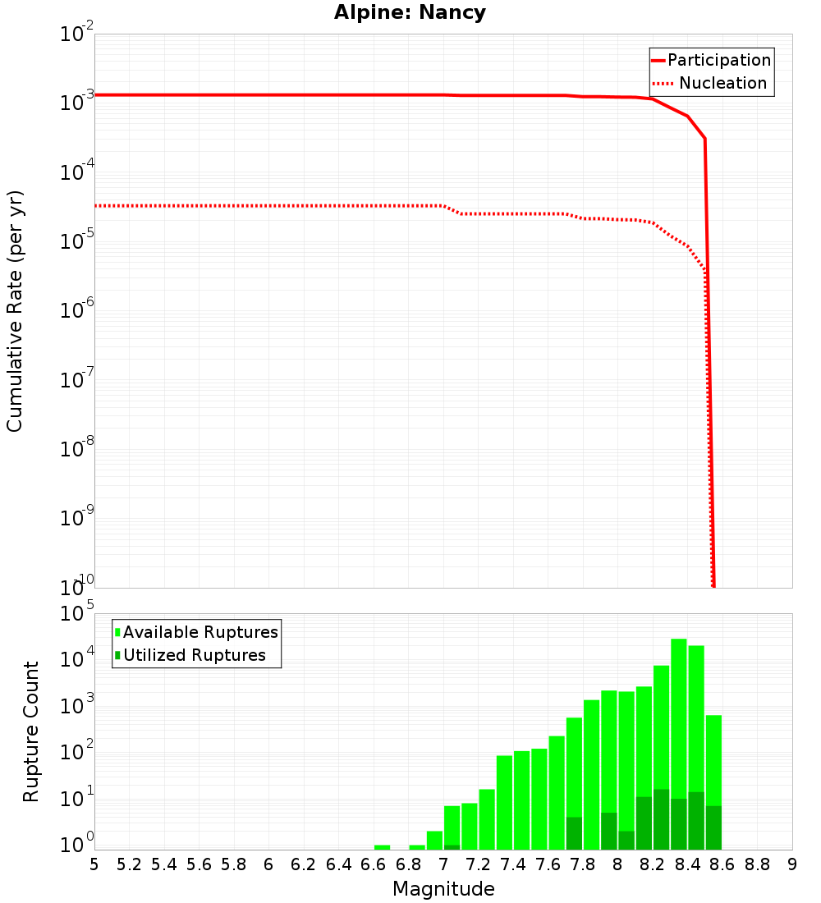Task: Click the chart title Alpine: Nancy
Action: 410,13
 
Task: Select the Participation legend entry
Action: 711,60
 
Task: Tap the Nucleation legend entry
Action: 711,83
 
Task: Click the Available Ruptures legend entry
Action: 197,632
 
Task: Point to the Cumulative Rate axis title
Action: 16,310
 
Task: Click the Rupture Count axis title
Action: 31,731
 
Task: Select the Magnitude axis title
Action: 443,889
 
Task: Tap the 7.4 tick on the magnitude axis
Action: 513,864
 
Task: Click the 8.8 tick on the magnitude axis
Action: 757,864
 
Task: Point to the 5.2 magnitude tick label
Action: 130,864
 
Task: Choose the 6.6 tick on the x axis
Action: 374,864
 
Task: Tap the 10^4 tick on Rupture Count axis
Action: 77,659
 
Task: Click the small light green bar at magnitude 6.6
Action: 382,847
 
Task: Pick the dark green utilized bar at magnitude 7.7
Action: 574,833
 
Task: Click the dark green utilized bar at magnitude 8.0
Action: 626,840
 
